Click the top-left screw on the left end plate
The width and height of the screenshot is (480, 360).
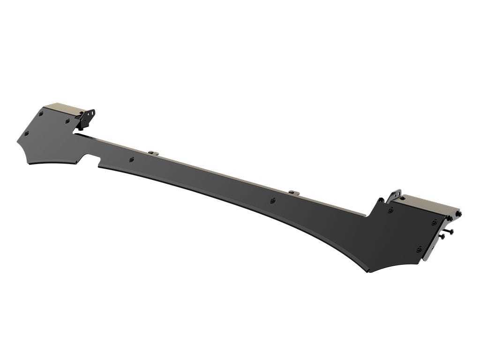[x=41, y=113]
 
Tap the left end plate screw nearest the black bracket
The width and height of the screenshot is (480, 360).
[x=67, y=121]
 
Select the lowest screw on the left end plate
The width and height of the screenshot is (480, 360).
[x=26, y=134]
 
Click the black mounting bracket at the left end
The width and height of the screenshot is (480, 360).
[x=88, y=117]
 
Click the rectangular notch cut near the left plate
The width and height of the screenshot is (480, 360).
[x=92, y=164]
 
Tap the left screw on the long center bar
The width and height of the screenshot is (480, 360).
[x=132, y=159]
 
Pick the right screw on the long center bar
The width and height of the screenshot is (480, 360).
[x=273, y=201]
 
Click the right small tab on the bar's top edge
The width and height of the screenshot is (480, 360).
[x=294, y=192]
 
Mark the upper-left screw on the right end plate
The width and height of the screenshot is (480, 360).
[x=390, y=210]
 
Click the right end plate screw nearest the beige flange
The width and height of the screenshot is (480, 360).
[x=435, y=222]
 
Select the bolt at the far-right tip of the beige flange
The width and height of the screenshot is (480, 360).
[x=458, y=214]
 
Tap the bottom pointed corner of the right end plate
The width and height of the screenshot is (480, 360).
[x=369, y=271]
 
